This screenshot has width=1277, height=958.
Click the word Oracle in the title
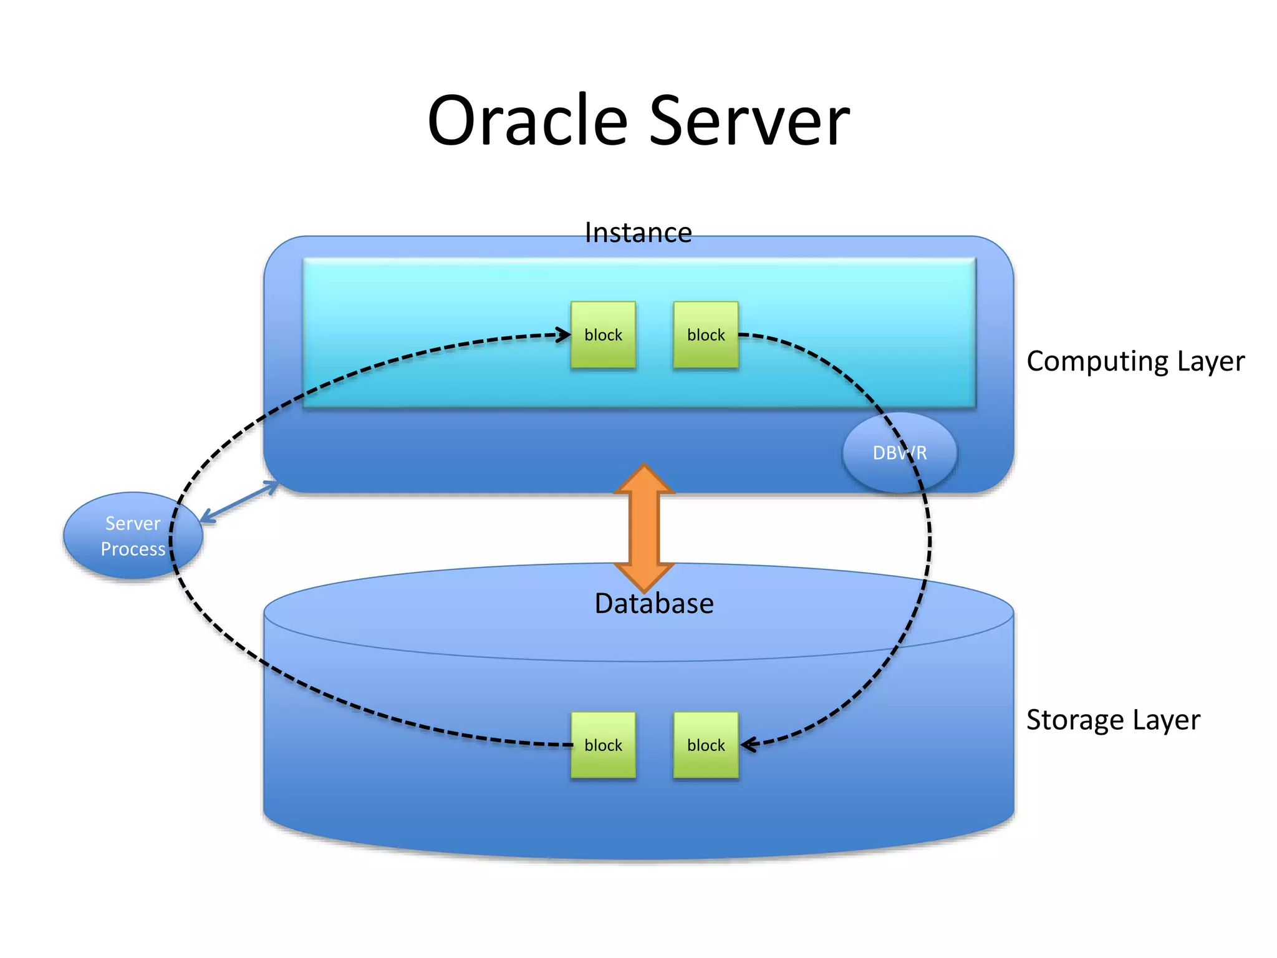(x=528, y=120)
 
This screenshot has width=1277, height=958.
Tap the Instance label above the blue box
(x=638, y=233)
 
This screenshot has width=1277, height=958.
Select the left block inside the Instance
(x=603, y=335)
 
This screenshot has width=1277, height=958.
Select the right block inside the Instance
(x=706, y=335)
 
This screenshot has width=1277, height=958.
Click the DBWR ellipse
(x=899, y=453)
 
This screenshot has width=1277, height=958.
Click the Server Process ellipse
(x=133, y=536)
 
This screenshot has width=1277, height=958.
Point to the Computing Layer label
(x=1135, y=361)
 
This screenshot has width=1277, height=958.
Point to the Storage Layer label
(x=1113, y=720)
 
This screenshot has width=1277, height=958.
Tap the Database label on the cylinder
(x=653, y=604)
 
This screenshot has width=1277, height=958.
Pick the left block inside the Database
(x=603, y=745)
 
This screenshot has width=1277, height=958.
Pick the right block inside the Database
(x=706, y=745)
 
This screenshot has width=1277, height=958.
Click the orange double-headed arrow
(x=644, y=528)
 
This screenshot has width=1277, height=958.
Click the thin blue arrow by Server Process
(x=239, y=501)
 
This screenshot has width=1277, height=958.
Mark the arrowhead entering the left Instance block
(x=564, y=335)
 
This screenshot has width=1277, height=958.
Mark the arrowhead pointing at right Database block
(x=747, y=744)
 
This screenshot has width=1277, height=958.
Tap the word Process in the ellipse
(x=133, y=549)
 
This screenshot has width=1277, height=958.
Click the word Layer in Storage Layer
(x=1166, y=720)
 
